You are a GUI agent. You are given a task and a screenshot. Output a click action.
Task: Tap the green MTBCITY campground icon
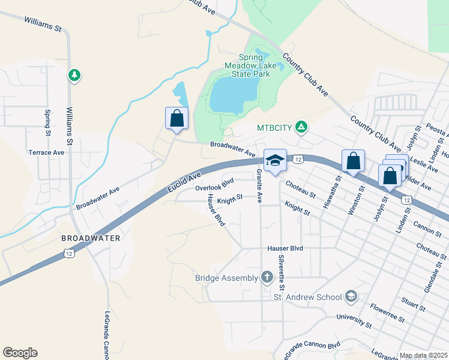point(302,127)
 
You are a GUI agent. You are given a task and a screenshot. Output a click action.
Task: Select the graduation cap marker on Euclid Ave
point(275,160)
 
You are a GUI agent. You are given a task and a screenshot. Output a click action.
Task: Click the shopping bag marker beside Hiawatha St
point(353,161)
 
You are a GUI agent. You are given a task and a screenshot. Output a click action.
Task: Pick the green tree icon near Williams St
point(74,76)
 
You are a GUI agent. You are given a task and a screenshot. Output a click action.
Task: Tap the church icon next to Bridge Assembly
point(267,278)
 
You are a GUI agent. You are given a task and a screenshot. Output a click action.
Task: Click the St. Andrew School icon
point(351,296)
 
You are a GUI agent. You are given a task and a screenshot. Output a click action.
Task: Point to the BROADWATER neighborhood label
point(91,238)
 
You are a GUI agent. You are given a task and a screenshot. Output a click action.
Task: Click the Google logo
point(20,353)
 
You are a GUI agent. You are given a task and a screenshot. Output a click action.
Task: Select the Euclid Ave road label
point(181,185)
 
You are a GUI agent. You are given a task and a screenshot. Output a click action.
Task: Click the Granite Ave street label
point(259,187)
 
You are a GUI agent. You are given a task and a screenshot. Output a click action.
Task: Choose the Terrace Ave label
point(46,152)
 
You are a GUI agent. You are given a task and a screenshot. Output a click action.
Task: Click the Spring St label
point(47,122)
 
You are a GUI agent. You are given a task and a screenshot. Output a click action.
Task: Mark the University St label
point(354,321)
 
